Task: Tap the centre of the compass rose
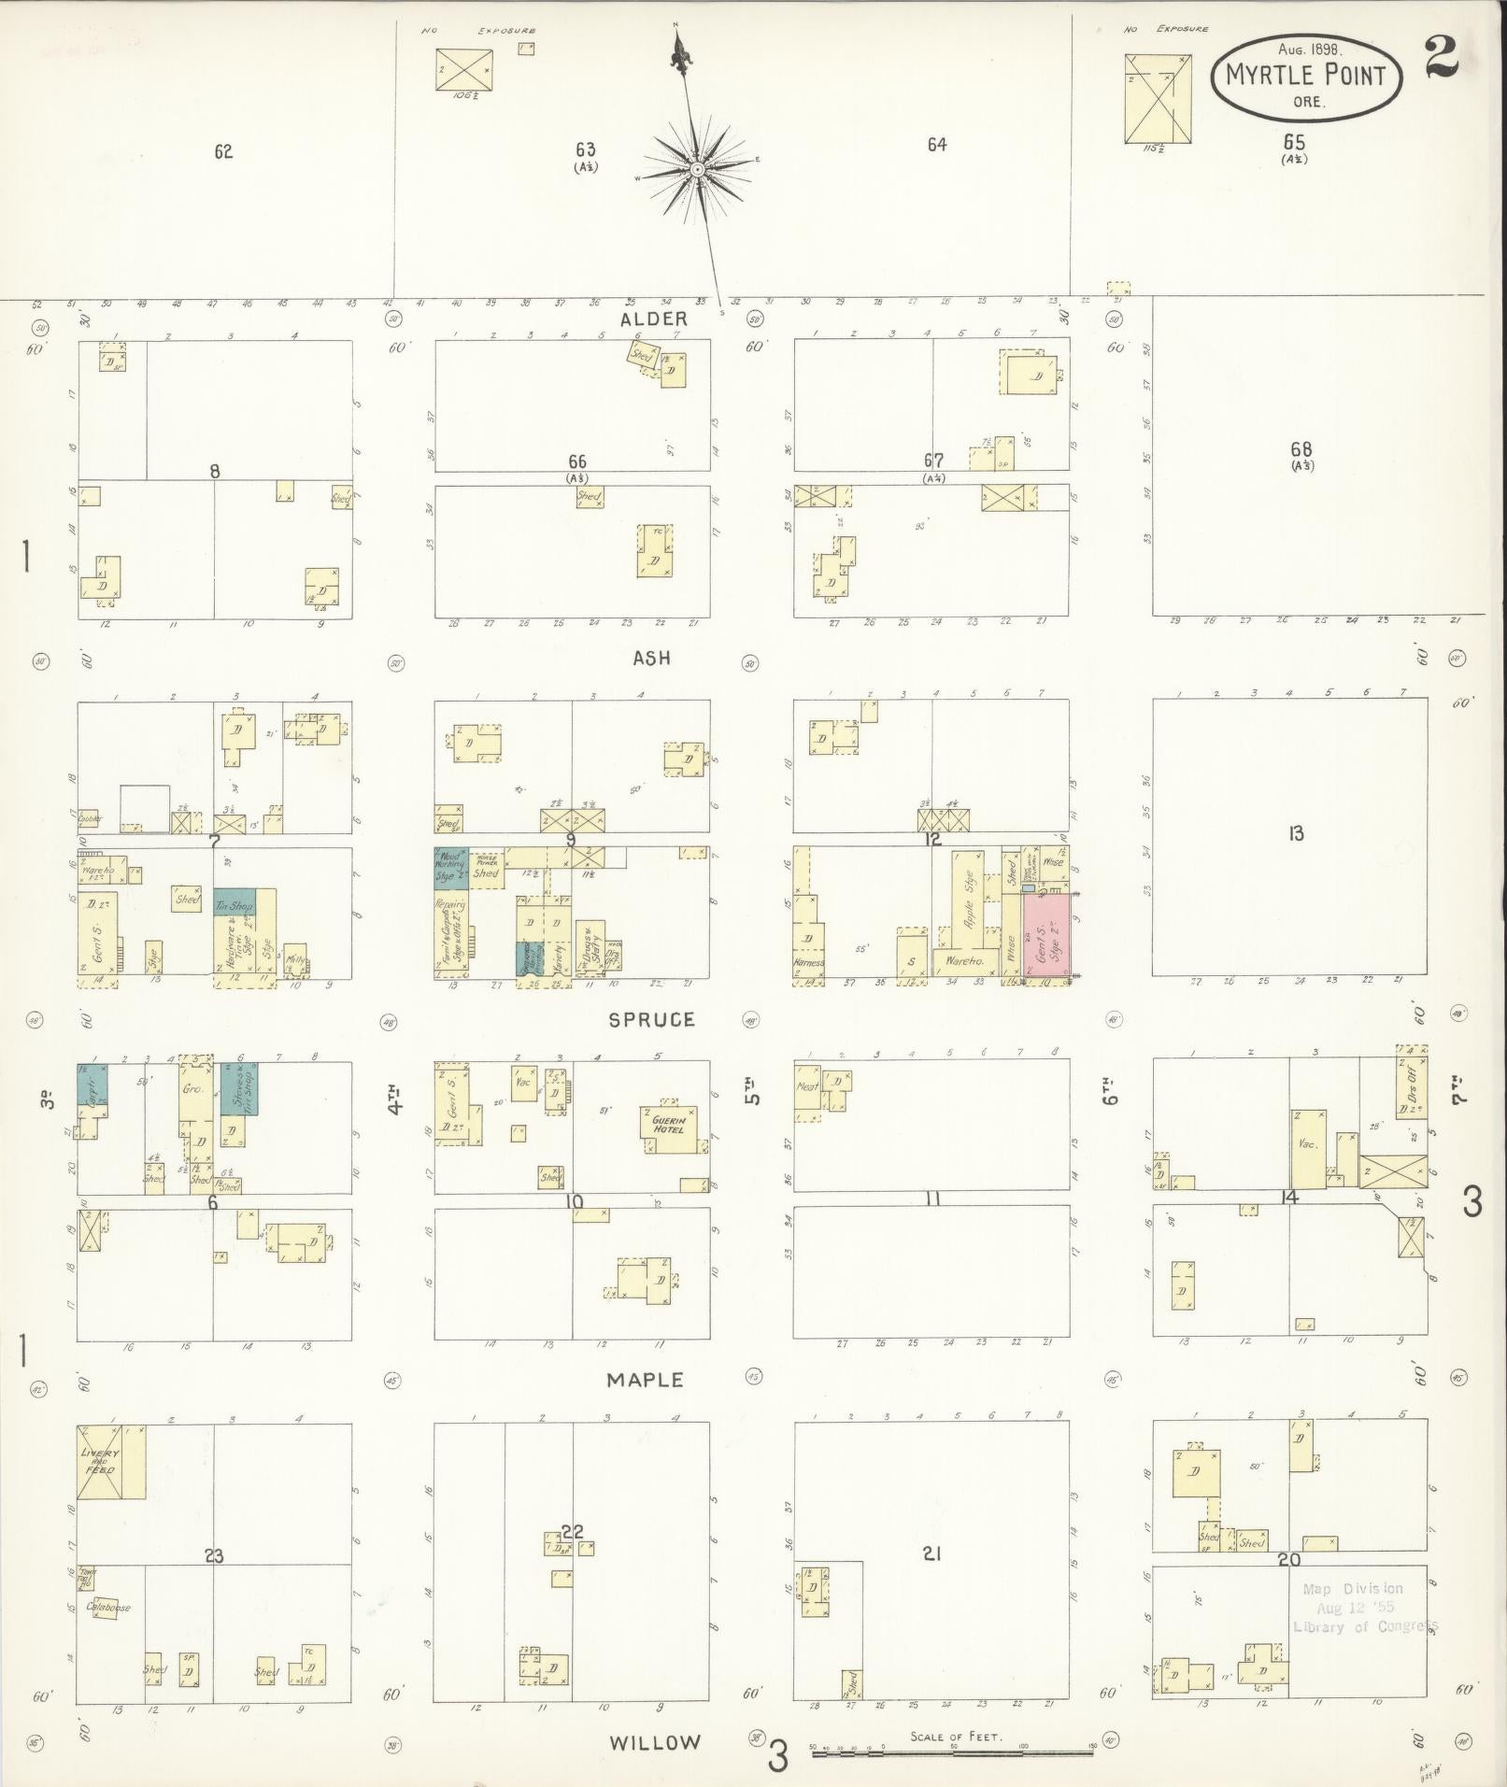[x=697, y=169]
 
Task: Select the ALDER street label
[x=653, y=319]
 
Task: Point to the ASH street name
[x=651, y=659]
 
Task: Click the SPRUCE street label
[x=651, y=1020]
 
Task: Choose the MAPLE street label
[x=645, y=1380]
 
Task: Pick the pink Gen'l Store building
[x=1045, y=935]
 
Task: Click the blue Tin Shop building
[x=234, y=906]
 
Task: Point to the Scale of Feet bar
[x=952, y=1754]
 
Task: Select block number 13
[x=1295, y=834]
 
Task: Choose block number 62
[x=222, y=152]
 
